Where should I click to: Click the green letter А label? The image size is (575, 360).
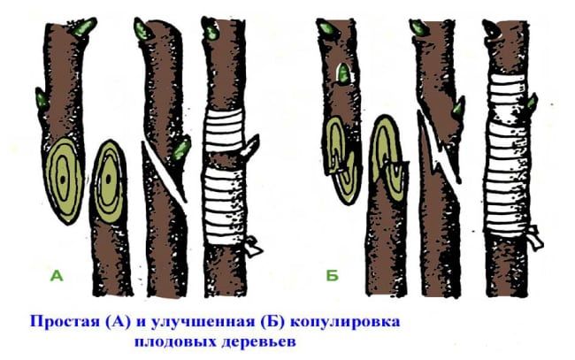[x=57, y=275]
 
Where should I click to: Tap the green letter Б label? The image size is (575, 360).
[x=333, y=275]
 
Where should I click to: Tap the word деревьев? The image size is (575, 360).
[x=258, y=341]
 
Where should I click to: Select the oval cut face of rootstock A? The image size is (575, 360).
[x=109, y=180]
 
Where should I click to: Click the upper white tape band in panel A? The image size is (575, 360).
[x=223, y=131]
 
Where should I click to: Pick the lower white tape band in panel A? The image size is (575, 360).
[x=223, y=206]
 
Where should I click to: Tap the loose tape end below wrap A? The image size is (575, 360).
[x=253, y=248]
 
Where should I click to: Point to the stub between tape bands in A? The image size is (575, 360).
[x=251, y=145]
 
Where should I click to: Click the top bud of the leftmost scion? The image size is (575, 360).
[x=84, y=27]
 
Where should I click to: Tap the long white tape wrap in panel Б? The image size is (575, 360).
[x=509, y=155]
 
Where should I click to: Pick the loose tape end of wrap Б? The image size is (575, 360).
[x=535, y=237]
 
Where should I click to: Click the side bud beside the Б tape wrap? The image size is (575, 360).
[x=533, y=101]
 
